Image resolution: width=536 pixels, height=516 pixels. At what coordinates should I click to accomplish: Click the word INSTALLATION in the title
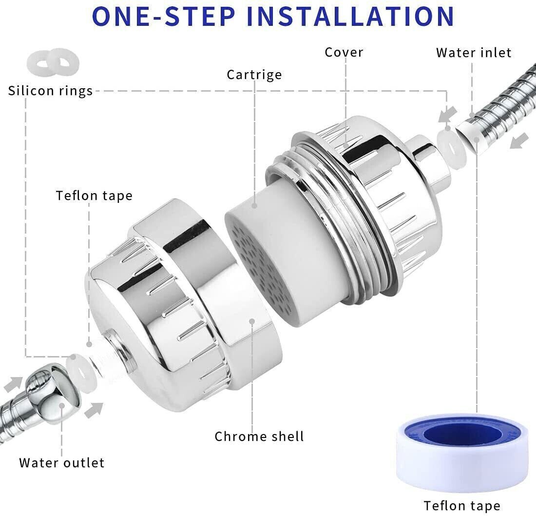[x=351, y=16]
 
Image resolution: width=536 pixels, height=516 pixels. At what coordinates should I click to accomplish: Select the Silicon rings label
[x=50, y=91]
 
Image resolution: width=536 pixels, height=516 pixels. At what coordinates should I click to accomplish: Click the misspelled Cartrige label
[x=254, y=75]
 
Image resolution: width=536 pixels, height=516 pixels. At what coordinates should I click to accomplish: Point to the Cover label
[x=344, y=52]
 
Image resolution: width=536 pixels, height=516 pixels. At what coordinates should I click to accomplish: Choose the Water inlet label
[x=474, y=53]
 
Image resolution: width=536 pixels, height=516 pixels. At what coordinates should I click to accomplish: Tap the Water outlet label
[x=62, y=462]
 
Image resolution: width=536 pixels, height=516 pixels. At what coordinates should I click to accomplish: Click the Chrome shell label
[x=259, y=436]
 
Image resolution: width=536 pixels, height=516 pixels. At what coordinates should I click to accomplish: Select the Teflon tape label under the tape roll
[x=461, y=505]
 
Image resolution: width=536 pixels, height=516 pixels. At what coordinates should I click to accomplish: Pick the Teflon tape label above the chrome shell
[x=94, y=196]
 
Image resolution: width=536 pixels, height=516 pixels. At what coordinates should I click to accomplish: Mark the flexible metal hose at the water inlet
[x=507, y=107]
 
